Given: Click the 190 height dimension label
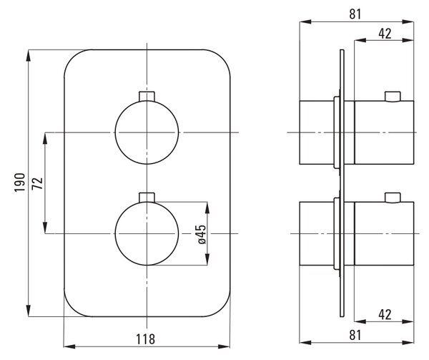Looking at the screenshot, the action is pyautogui.click(x=20, y=183).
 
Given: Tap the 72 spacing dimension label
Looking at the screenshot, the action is pyautogui.click(x=37, y=183).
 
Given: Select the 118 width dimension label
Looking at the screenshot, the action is pyautogui.click(x=146, y=339).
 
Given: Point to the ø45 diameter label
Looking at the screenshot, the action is pyautogui.click(x=202, y=234).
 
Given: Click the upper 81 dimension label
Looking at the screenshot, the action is pyautogui.click(x=355, y=14).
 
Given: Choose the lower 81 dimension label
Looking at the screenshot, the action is pyautogui.click(x=355, y=335).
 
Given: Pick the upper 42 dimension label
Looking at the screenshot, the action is pyautogui.click(x=385, y=34).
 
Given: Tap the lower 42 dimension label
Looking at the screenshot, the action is pyautogui.click(x=385, y=315).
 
